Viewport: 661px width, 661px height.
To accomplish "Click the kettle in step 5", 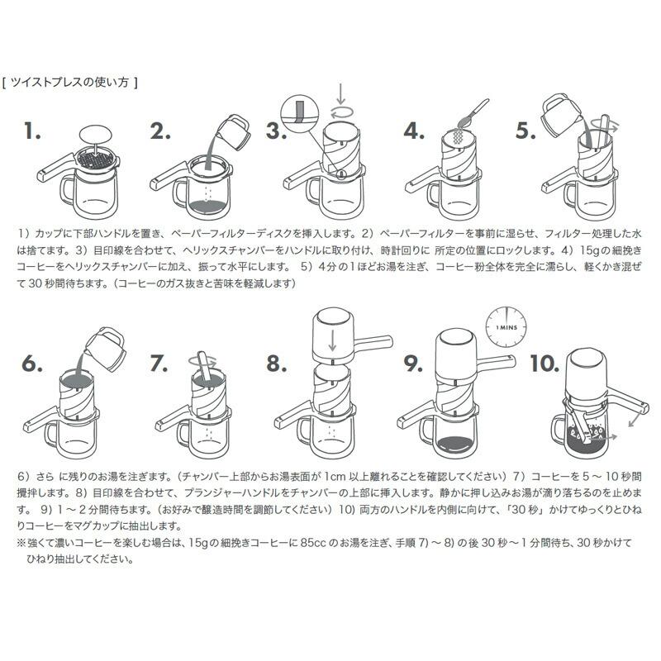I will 563,113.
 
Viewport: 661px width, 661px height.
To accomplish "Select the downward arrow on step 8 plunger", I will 330,338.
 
